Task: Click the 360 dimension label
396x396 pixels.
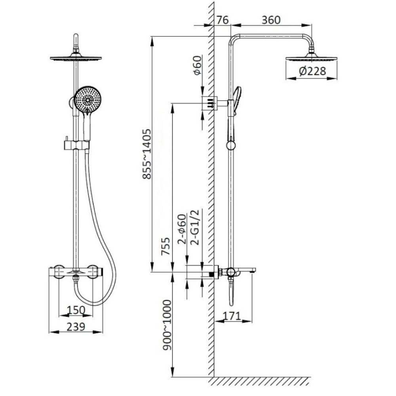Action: [x=271, y=20]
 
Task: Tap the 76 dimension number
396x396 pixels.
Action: [x=223, y=20]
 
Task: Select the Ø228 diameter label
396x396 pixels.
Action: [x=312, y=71]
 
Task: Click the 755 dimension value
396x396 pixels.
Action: [x=166, y=246]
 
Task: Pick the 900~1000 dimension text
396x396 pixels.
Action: [x=166, y=325]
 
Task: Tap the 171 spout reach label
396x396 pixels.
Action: [x=232, y=316]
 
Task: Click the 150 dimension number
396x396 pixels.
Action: [x=76, y=310]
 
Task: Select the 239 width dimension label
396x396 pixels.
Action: [x=76, y=327]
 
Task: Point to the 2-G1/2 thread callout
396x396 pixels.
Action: [x=195, y=227]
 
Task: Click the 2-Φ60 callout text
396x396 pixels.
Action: [x=182, y=229]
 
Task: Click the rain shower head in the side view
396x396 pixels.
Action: [x=311, y=57]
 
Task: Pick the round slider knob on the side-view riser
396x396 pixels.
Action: [x=231, y=145]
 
